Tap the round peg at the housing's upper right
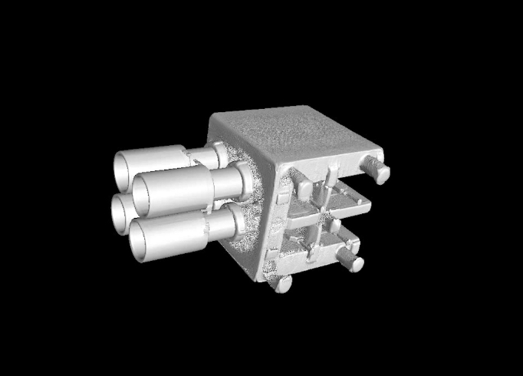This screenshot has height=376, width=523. coord(377,170)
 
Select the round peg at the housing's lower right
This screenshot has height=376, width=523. coord(353,260)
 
